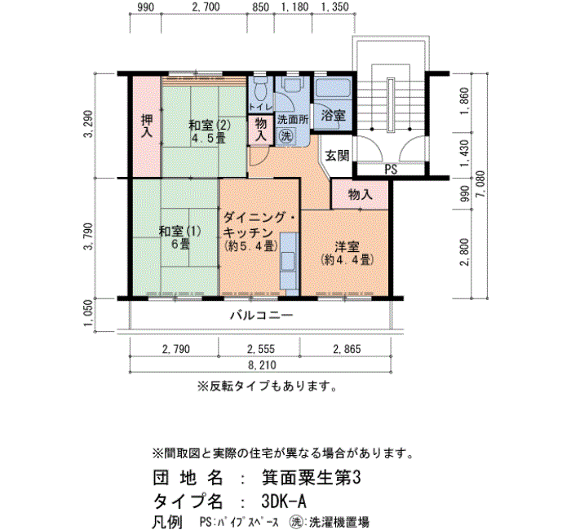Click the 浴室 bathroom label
pyautogui.click(x=333, y=116)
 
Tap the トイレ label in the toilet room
pyautogui.click(x=260, y=108)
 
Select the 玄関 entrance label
pyautogui.click(x=337, y=156)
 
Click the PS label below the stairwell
pyautogui.click(x=391, y=170)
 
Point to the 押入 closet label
pyautogui.click(x=147, y=126)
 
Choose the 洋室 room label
pyautogui.click(x=347, y=247)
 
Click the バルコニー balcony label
pyautogui.click(x=261, y=315)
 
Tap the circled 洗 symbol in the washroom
pyautogui.click(x=285, y=136)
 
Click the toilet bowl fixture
pyautogui.click(x=260, y=90)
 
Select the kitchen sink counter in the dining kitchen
pyautogui.click(x=289, y=261)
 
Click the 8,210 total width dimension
pyautogui.click(x=262, y=364)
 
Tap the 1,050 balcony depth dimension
pyautogui.click(x=89, y=314)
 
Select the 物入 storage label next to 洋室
pyautogui.click(x=360, y=194)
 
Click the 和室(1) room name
pyautogui.click(x=180, y=231)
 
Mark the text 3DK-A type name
pyautogui.click(x=284, y=502)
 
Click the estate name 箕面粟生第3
pyautogui.click(x=311, y=478)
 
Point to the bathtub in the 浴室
pyautogui.click(x=333, y=88)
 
